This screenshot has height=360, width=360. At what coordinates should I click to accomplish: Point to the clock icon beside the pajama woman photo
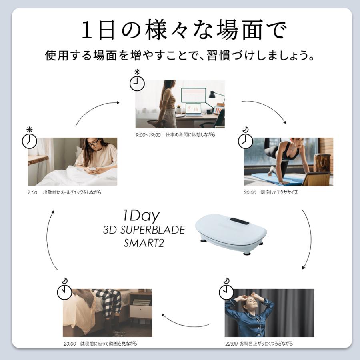(226, 292)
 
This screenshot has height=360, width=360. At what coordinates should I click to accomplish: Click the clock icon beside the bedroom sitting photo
(64, 292)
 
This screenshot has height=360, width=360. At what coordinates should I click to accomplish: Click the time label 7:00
(32, 192)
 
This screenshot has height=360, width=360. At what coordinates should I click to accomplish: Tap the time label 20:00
(250, 192)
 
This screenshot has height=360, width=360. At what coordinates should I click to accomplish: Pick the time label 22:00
(232, 343)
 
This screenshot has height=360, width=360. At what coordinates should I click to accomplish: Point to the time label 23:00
(69, 343)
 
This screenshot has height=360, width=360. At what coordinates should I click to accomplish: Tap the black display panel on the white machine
(239, 220)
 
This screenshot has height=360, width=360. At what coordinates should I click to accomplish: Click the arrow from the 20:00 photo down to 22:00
(308, 240)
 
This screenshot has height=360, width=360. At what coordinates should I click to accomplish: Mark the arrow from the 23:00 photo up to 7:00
(50, 240)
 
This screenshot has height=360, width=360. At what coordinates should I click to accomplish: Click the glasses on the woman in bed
(93, 143)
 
